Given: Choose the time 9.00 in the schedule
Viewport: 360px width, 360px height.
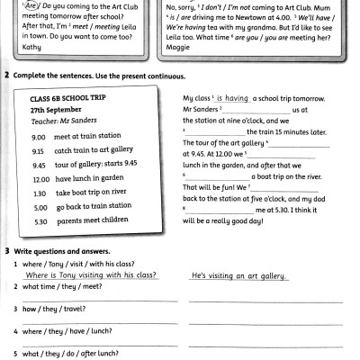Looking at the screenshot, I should [x=38, y=137].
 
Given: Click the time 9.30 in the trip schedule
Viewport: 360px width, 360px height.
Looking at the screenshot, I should [x=38, y=151].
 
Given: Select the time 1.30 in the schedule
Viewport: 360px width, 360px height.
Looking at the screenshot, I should [x=38, y=193].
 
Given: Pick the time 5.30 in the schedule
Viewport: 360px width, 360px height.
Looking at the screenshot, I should [x=38, y=220].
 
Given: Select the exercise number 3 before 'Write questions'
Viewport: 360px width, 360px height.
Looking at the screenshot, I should [x=7, y=248].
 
